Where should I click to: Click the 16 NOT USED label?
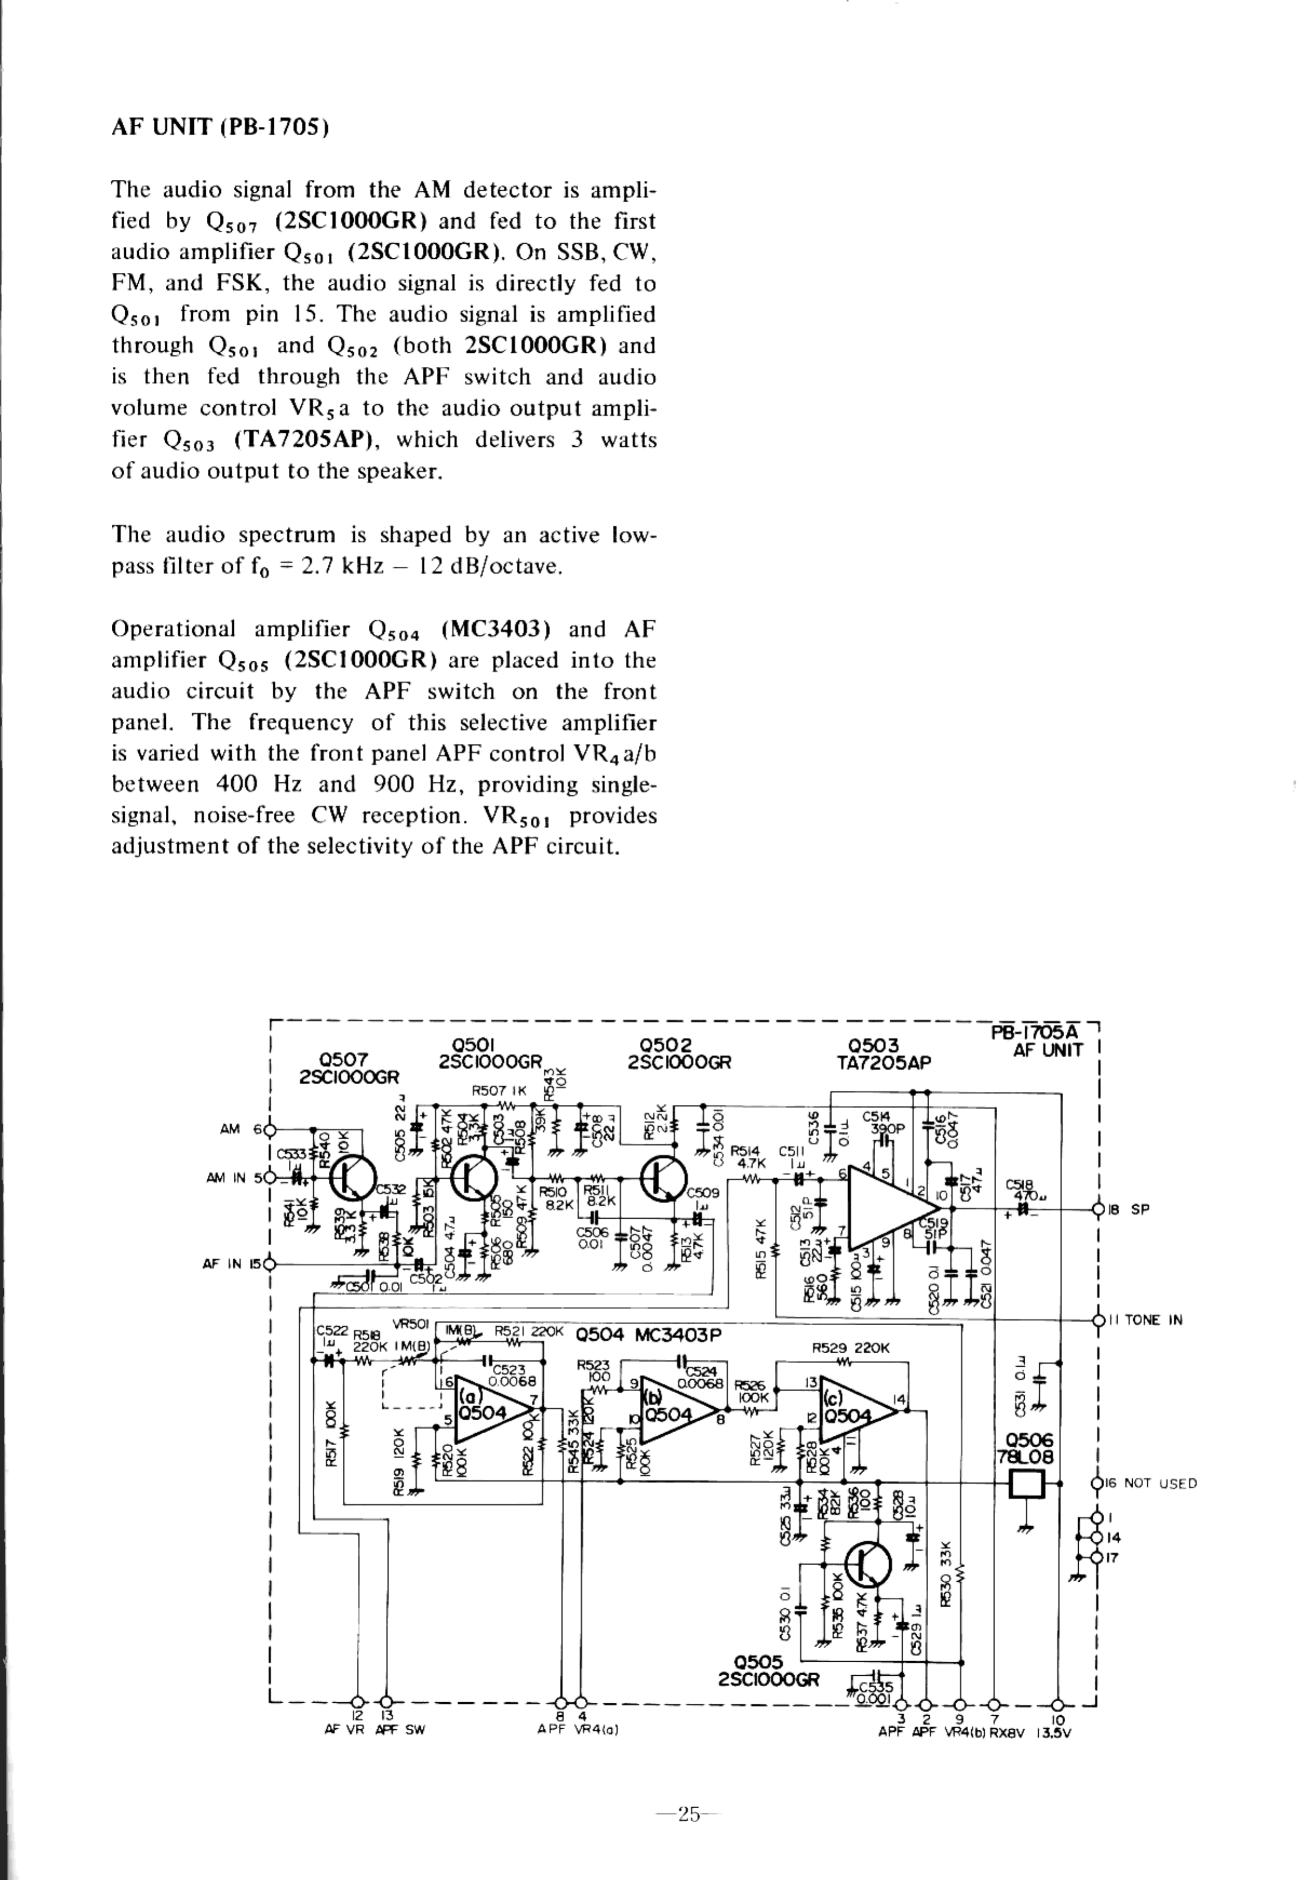click(x=1151, y=1483)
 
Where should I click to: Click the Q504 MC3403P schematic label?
click(x=648, y=1335)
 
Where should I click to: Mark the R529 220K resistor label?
click(x=850, y=1348)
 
